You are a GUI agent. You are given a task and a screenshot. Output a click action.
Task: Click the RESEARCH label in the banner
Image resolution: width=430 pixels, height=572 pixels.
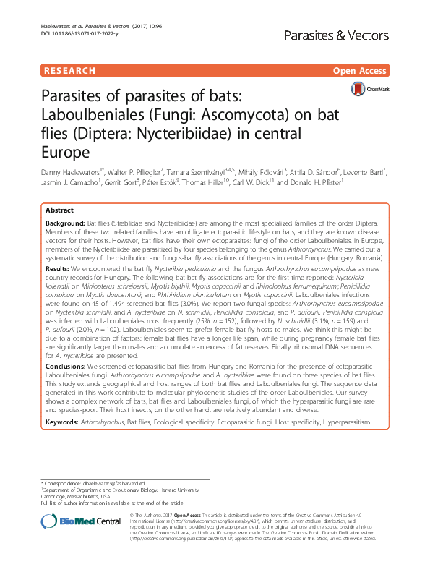[69, 71]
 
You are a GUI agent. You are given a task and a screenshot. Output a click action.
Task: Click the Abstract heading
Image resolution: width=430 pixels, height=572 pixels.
[60, 208]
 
